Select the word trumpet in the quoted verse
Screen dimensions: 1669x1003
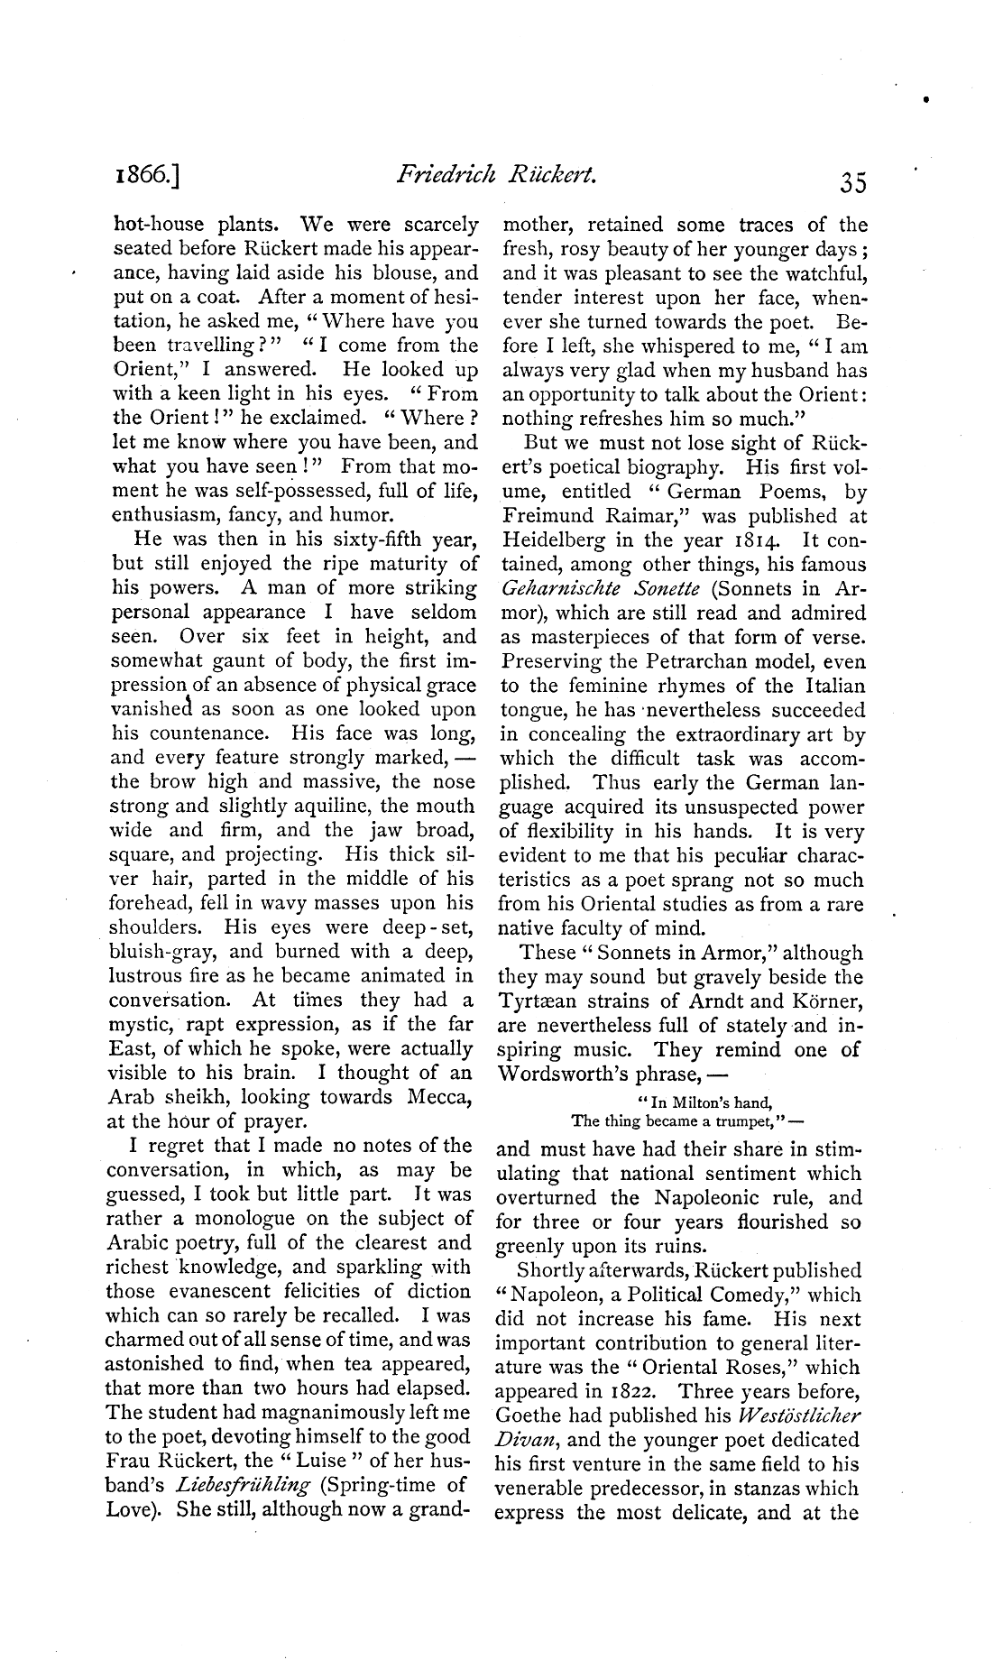click(741, 1121)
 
